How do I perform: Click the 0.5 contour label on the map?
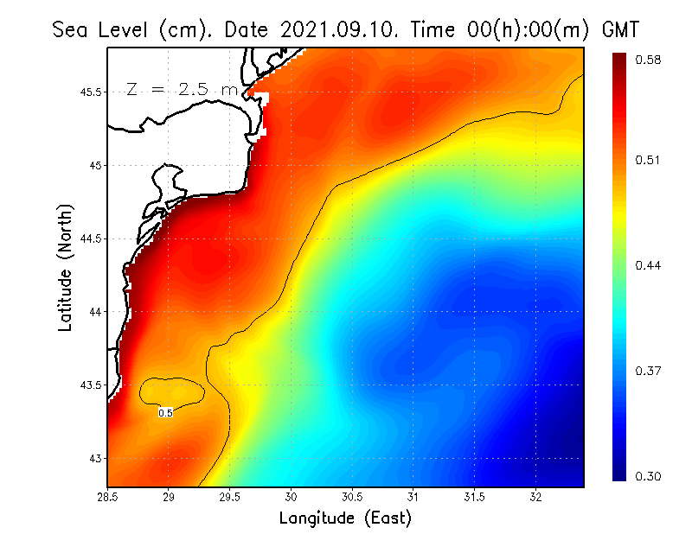coord(166,413)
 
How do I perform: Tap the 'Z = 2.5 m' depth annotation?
coord(182,89)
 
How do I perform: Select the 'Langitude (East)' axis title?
coord(345,518)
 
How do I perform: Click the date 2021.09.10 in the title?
coord(336,29)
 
